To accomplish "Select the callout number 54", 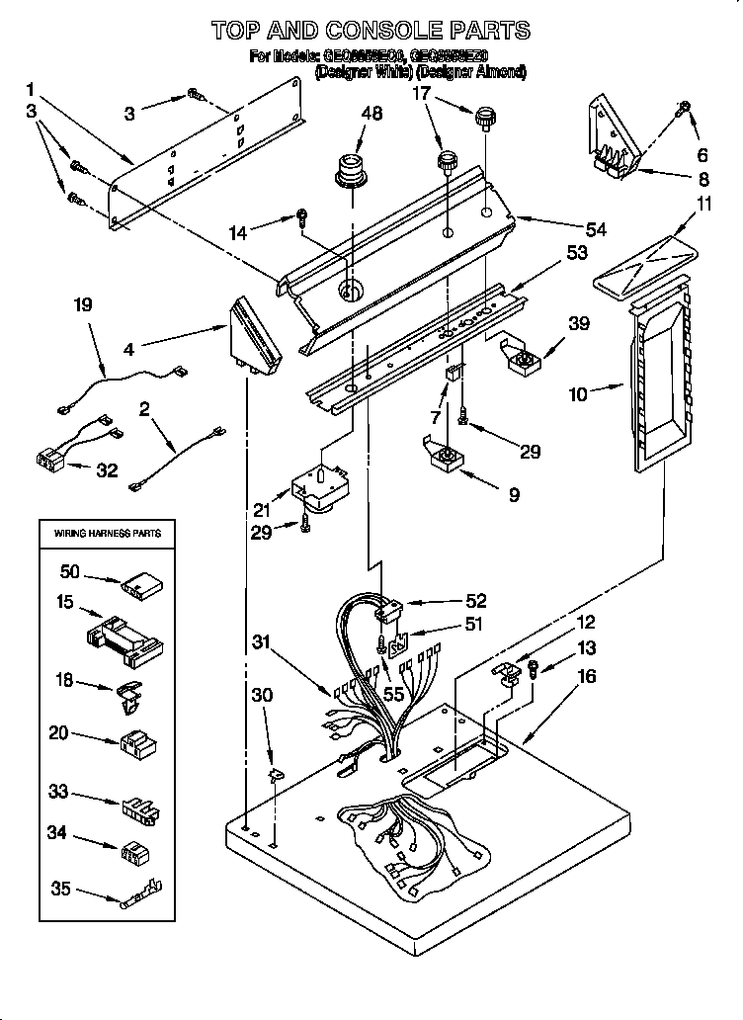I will point(595,229).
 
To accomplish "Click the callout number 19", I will point(84,305).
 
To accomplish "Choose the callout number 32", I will point(106,470).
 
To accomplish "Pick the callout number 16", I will point(586,677).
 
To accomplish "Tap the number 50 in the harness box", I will point(70,572).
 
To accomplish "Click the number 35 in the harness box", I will point(61,890).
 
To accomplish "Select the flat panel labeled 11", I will point(644,259).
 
